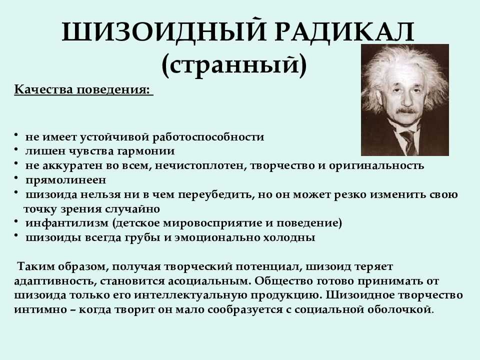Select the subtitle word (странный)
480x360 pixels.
[234, 64]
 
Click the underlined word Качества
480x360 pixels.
[44, 89]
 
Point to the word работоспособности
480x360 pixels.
[208, 137]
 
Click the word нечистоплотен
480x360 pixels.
[201, 165]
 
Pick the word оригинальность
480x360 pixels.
[376, 165]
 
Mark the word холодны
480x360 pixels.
[289, 237]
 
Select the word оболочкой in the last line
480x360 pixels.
[399, 309]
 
